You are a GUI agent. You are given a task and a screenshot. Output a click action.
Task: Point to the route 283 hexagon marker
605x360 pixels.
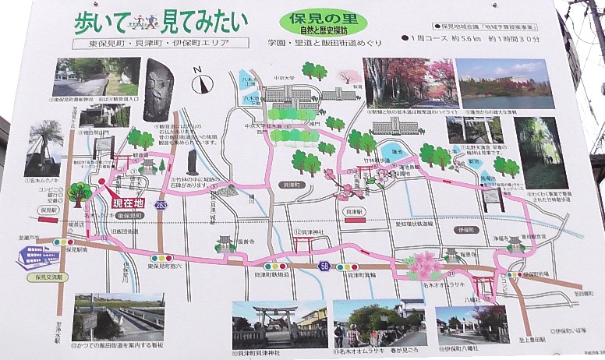click(161, 205)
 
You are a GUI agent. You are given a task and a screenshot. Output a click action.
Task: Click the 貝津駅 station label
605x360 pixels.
click(356, 212)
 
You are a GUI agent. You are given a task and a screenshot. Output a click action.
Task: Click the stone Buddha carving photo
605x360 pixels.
click(159, 90)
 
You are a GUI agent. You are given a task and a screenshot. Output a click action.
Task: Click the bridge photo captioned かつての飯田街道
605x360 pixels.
click(118, 318)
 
